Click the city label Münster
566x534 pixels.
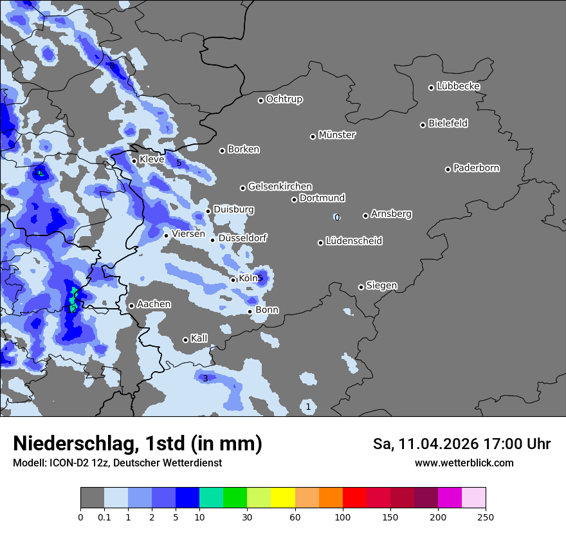coord(337,135)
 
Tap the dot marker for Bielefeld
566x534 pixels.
coord(423,125)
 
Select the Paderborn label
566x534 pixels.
coord(477,168)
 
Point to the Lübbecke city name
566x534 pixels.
coord(459,86)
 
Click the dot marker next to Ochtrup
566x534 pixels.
coord(261,100)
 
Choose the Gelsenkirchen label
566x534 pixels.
coord(280,187)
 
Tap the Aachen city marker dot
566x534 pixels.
coord(132,306)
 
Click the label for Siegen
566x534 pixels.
coord(381,286)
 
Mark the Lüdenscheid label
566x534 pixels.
coord(354,241)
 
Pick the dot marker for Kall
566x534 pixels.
coord(186,340)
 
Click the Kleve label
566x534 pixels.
coord(152,159)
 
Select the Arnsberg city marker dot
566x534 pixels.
coord(365,216)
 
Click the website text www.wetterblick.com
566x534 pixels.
coord(464,463)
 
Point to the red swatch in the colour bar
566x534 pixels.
coord(354,498)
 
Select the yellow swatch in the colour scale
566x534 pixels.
coord(283,498)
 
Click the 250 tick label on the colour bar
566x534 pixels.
coord(485,517)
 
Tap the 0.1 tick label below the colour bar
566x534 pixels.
coord(104,517)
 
